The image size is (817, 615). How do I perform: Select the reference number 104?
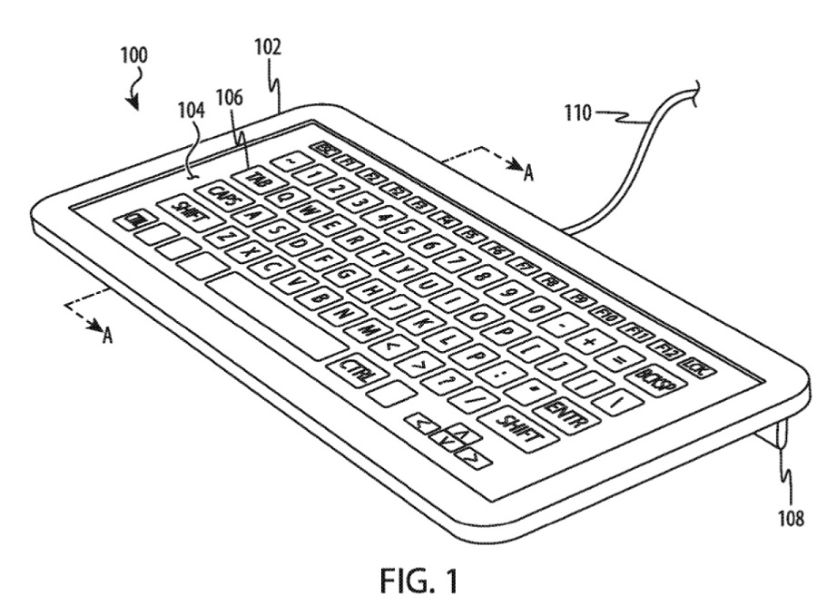[191, 112]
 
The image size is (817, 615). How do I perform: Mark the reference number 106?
[228, 97]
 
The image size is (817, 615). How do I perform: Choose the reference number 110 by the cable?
[577, 113]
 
